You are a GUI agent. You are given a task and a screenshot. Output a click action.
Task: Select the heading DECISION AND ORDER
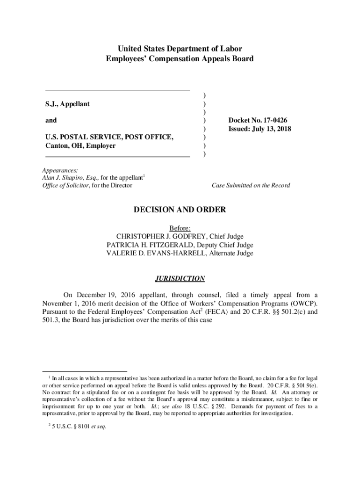tap(180, 210)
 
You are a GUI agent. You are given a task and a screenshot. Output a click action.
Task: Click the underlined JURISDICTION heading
tap(180, 279)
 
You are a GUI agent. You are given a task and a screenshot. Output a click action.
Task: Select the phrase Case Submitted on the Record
tap(251, 186)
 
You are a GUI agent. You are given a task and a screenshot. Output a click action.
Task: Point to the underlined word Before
tap(180, 228)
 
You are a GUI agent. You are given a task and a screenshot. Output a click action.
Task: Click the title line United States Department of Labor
tap(180, 49)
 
